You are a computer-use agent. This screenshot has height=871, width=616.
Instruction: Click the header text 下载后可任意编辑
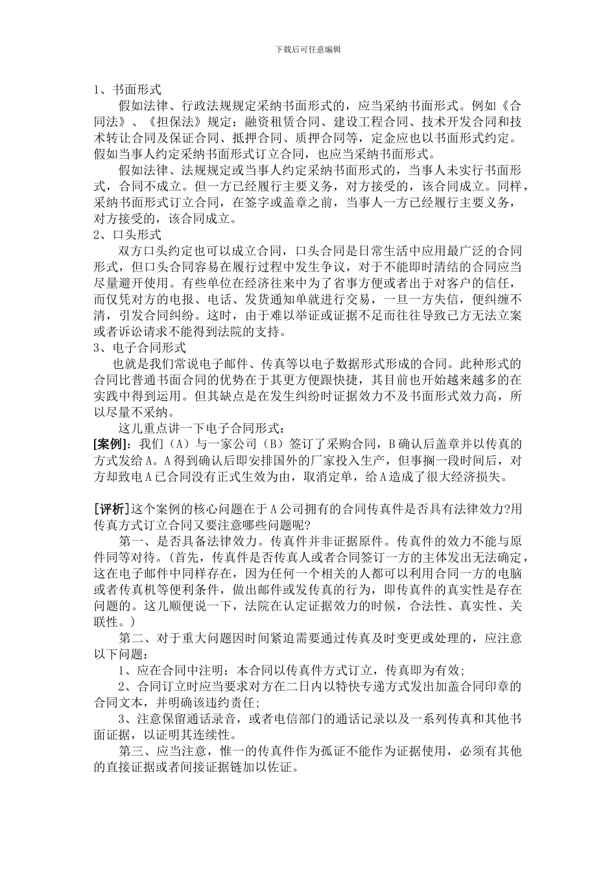click(x=308, y=49)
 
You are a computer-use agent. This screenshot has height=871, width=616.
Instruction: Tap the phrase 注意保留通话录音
click(x=185, y=719)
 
